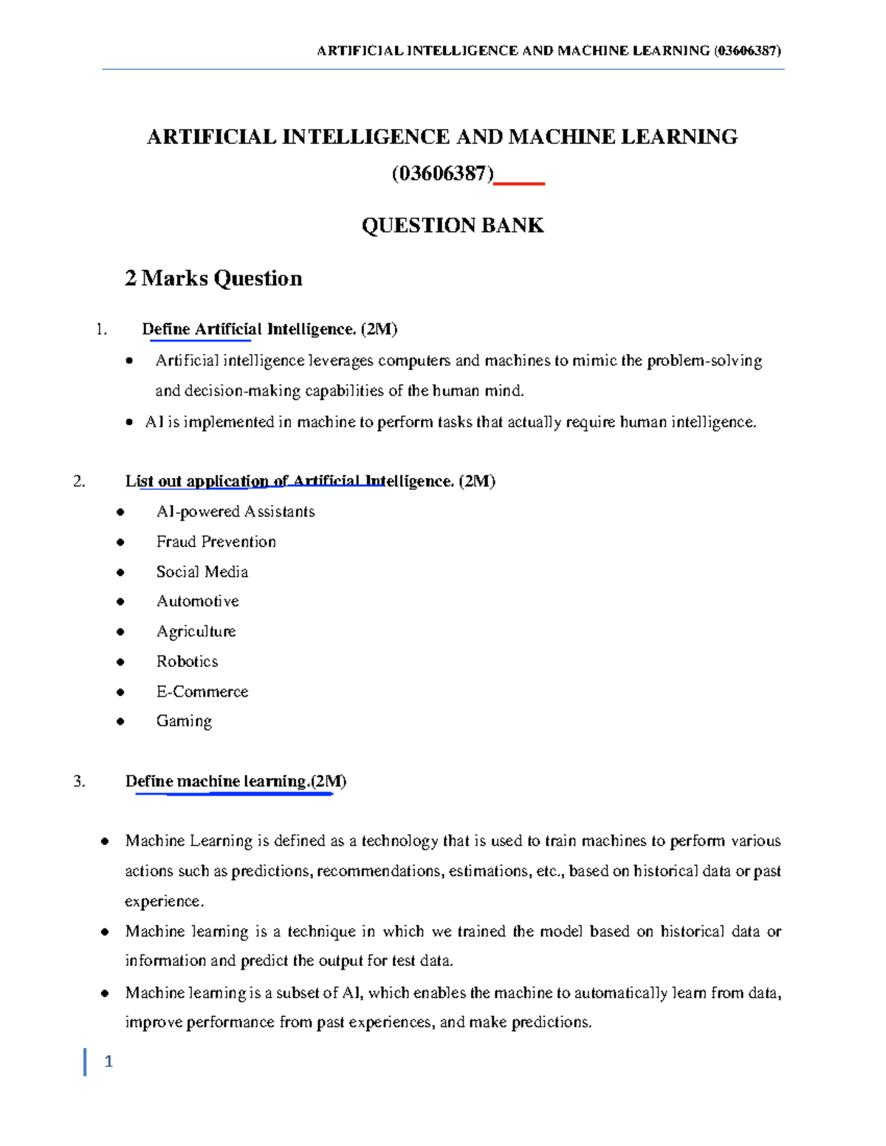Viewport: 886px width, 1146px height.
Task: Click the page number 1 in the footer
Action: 109,1062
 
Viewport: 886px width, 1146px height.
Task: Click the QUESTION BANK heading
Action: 453,226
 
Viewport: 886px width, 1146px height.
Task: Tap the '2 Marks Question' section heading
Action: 213,278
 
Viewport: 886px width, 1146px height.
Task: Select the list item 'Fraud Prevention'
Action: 216,542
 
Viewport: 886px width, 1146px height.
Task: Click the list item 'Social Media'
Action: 202,572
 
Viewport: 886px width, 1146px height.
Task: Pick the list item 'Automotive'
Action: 197,601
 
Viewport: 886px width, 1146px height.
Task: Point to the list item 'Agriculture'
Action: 196,632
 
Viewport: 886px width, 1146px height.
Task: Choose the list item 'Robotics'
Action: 187,661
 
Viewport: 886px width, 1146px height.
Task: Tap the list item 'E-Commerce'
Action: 202,691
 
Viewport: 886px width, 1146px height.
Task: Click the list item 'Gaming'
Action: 184,721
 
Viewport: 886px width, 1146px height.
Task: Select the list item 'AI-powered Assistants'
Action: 235,511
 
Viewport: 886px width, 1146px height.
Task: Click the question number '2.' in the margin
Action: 80,482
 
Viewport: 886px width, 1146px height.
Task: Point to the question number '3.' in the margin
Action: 80,781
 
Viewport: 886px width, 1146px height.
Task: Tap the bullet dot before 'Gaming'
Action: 120,722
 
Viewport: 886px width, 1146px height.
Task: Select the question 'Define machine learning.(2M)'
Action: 236,781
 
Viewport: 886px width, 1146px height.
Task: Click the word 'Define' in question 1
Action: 166,329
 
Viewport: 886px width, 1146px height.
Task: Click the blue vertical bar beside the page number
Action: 85,1062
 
